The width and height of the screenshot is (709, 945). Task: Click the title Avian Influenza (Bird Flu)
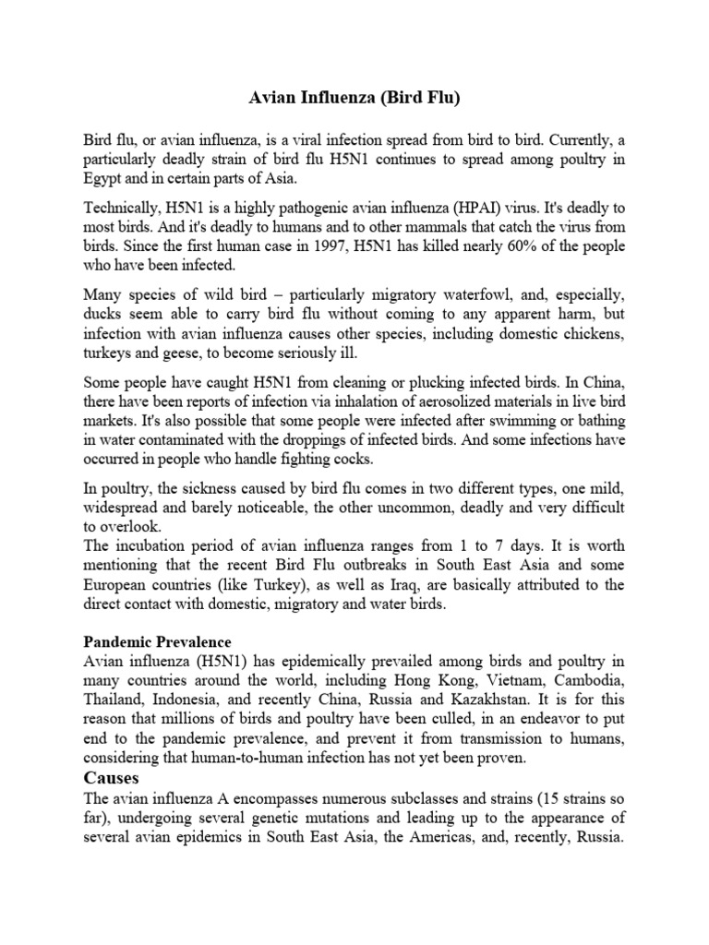(x=354, y=97)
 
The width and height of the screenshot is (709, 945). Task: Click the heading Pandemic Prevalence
(x=157, y=640)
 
